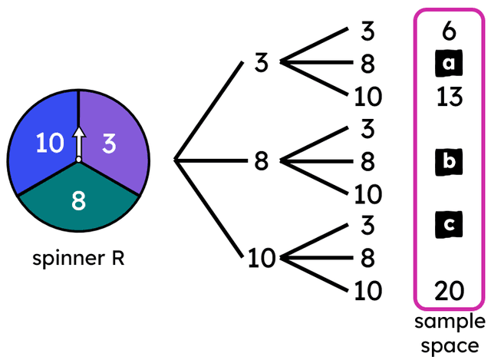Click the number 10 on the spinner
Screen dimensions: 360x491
pos(50,144)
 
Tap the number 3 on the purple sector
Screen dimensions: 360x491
pos(110,144)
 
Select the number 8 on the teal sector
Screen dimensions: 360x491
pos(78,201)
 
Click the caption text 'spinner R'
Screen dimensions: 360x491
pos(78,259)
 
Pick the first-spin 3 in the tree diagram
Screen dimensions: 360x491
pos(261,63)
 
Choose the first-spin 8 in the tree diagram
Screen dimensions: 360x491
pos(261,161)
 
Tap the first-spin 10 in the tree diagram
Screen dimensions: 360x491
pos(261,259)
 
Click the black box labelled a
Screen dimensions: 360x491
pos(449,64)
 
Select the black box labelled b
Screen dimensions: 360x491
pos(449,162)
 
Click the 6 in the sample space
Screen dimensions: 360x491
pos(449,31)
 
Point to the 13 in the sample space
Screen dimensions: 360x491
pos(449,97)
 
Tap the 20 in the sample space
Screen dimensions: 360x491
pos(449,291)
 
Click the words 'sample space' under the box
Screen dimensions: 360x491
pos(450,332)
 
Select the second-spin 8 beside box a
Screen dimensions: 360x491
pos(367,64)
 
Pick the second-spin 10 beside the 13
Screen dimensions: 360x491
pos(367,97)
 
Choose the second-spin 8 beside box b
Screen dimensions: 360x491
pos(367,162)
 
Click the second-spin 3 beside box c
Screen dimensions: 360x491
pos(367,226)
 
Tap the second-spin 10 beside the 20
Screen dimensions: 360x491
pos(367,291)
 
